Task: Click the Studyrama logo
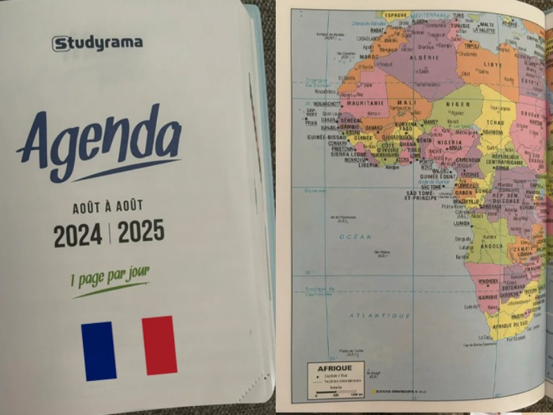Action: coord(97,43)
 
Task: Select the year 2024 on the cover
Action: coord(77,235)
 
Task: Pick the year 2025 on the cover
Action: coord(141,232)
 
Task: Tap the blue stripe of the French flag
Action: coord(99,351)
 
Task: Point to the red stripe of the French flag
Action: coord(159,345)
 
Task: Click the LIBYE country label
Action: coord(493,64)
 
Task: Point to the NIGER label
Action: coord(458,104)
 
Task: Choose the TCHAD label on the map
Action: coord(495,122)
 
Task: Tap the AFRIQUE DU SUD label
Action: coord(512,325)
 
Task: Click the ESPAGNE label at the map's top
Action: coord(396,15)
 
